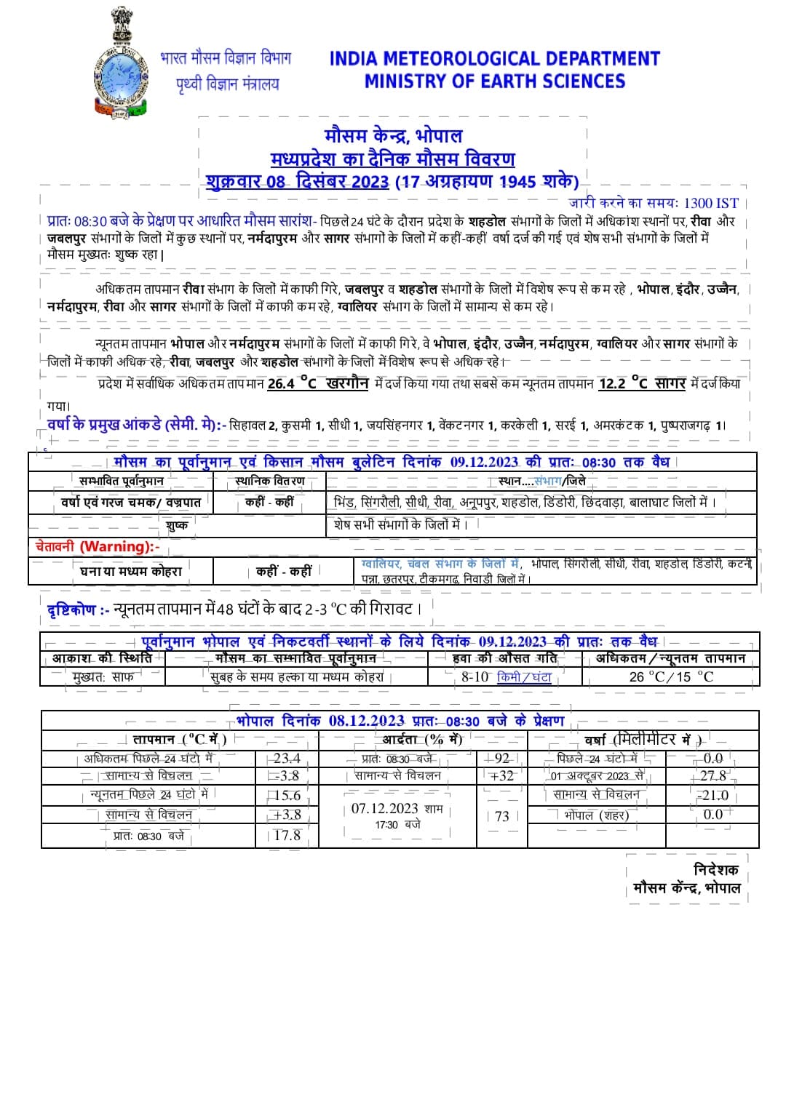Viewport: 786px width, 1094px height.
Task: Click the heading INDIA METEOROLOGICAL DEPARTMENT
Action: click(x=494, y=58)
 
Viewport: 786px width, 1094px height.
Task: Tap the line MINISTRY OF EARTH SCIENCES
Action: click(x=494, y=81)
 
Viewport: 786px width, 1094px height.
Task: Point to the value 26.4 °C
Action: click(x=292, y=383)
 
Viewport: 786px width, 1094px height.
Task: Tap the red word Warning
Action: click(x=116, y=546)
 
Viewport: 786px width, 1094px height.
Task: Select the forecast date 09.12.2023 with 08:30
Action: click(x=484, y=462)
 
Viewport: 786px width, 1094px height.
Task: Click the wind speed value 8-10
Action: click(x=475, y=677)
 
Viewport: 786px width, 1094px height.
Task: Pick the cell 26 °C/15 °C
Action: click(x=671, y=677)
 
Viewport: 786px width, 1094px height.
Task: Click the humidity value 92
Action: click(x=501, y=758)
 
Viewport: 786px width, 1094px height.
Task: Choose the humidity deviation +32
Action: click(x=501, y=776)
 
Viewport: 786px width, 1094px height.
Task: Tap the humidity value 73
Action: click(x=501, y=816)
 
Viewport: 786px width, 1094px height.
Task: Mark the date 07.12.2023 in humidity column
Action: click(x=384, y=808)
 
